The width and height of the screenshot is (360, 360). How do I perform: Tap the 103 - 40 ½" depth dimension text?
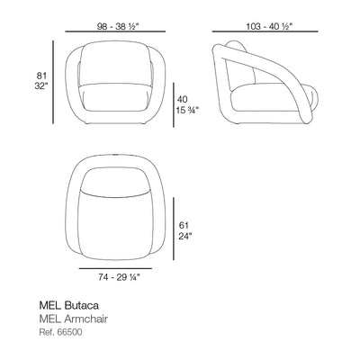click(x=269, y=26)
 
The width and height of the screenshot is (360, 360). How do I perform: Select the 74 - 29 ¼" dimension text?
click(x=119, y=278)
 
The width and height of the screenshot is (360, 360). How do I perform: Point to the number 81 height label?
click(x=41, y=76)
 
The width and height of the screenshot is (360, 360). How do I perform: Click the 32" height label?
click(x=41, y=86)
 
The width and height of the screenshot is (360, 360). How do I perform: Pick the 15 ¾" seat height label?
click(x=187, y=111)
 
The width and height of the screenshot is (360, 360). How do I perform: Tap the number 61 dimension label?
click(x=184, y=225)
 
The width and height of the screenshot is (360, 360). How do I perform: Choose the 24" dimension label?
click(x=185, y=237)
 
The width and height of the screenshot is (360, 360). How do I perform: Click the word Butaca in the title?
click(x=81, y=305)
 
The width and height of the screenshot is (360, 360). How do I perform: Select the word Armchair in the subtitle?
click(x=85, y=319)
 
